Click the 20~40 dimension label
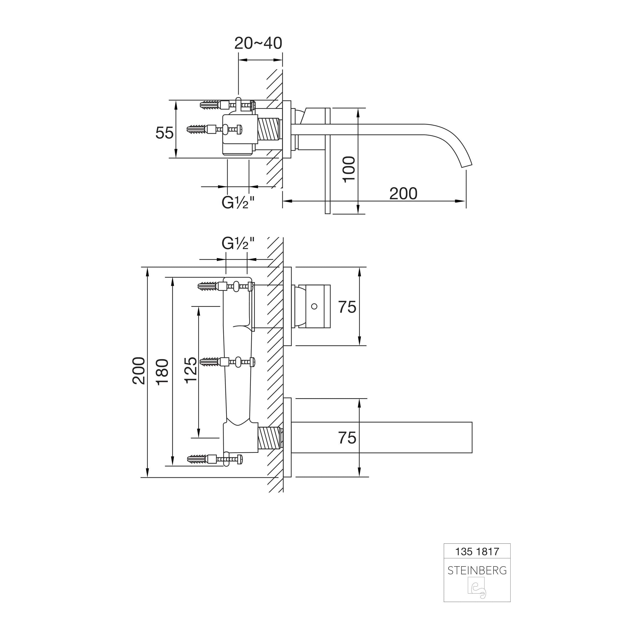coord(258,43)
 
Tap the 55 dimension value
coord(164,133)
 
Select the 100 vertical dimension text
coord(349,170)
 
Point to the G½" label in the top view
coord(238,202)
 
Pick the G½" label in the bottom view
coord(238,244)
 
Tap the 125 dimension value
coord(191,370)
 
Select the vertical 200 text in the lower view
coord(139,371)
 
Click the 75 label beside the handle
coord(347,307)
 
